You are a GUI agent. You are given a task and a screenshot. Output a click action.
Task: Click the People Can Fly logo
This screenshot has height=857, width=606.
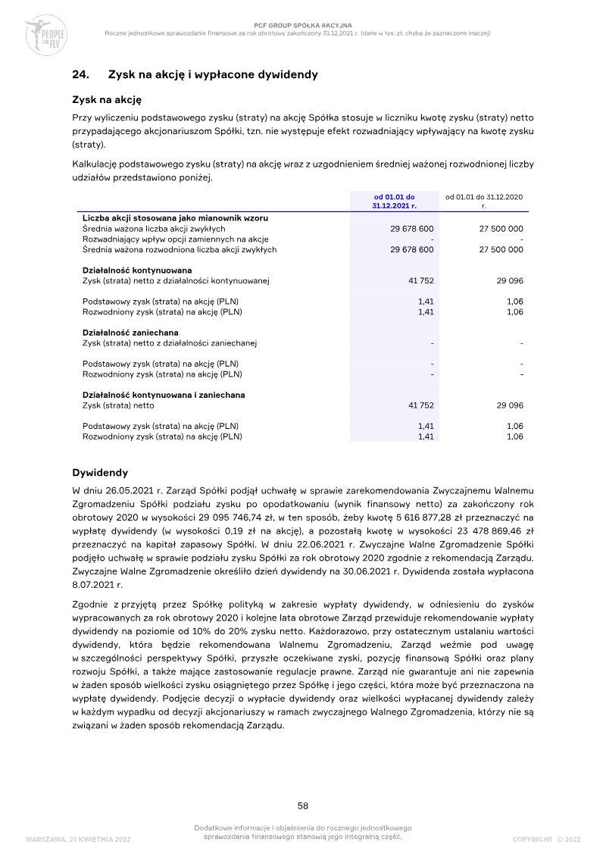click(x=45, y=34)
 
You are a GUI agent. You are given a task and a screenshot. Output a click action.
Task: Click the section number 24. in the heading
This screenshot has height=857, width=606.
click(x=80, y=74)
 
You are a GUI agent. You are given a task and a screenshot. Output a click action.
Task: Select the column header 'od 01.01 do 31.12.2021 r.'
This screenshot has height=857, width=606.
click(x=394, y=201)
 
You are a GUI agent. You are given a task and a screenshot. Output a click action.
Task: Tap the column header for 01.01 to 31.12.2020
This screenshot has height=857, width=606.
click(x=484, y=201)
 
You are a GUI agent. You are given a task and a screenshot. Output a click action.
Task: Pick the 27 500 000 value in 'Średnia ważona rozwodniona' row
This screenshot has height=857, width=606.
click(x=501, y=249)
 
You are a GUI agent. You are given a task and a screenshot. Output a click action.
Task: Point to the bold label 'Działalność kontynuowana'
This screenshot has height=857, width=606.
click(x=137, y=271)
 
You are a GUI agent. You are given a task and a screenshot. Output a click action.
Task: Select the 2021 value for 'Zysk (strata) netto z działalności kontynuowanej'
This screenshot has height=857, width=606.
click(x=421, y=281)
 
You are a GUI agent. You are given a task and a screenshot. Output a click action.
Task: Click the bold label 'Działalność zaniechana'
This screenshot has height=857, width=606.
click(x=130, y=333)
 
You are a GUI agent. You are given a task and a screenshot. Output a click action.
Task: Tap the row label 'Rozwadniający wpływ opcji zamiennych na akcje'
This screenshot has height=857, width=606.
click(x=176, y=239)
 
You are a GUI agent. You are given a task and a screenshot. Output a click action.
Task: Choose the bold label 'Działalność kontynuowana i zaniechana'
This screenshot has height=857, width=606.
click(x=164, y=395)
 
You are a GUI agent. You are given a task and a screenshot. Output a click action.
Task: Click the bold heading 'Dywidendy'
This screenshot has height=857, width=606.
click(x=99, y=473)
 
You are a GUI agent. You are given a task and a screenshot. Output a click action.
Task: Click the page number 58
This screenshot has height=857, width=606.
click(x=303, y=805)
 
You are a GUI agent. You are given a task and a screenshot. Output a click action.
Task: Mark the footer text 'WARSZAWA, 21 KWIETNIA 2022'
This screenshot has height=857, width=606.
click(x=78, y=839)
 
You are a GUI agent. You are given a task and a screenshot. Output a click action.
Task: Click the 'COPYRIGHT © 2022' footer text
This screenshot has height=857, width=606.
click(x=546, y=839)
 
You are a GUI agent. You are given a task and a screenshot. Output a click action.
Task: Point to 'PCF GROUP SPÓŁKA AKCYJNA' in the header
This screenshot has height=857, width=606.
click(x=303, y=25)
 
